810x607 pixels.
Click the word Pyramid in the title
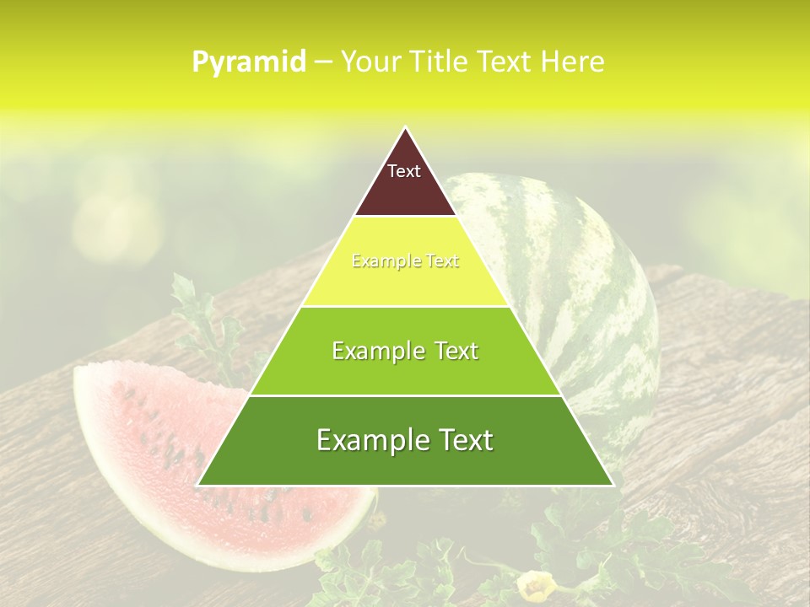(248, 62)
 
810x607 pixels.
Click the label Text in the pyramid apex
(404, 171)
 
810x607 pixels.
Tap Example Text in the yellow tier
(405, 261)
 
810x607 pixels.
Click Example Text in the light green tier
(405, 351)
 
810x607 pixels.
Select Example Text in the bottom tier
(405, 440)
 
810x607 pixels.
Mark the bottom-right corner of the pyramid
(613, 485)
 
